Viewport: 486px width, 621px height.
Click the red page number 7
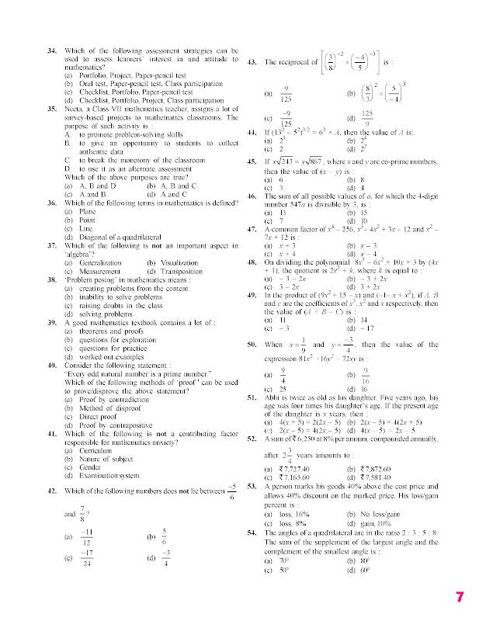point(460,598)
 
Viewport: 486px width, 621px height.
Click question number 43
point(252,61)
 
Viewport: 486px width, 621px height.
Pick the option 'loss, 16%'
point(289,514)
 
